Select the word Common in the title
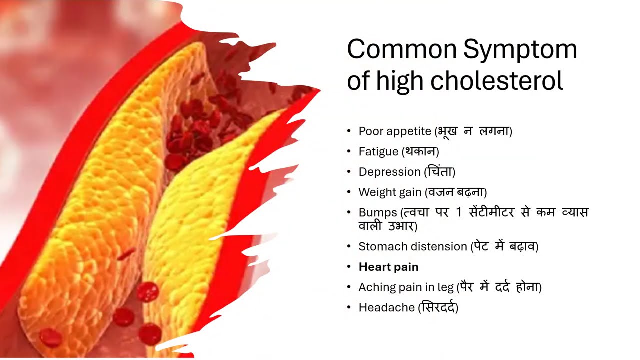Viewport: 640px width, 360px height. [401, 49]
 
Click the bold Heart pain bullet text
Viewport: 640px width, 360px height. [388, 267]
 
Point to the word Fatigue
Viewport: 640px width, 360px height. [378, 151]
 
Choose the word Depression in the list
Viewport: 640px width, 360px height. [390, 172]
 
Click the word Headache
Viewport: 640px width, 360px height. [386, 308]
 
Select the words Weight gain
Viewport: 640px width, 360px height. [390, 192]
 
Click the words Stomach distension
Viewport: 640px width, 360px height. [412, 247]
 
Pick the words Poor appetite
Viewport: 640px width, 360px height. [395, 132]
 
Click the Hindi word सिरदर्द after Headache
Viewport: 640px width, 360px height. [438, 307]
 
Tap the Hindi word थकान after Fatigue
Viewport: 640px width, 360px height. [420, 151]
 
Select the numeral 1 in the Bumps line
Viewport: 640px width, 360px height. [459, 212]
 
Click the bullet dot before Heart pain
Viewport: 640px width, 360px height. [349, 267]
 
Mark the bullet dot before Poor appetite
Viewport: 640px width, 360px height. [349, 131]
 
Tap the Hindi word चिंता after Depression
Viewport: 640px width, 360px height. [440, 171]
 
